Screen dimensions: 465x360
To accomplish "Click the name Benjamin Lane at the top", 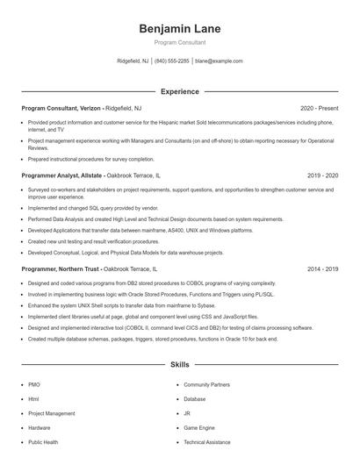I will (x=179, y=29).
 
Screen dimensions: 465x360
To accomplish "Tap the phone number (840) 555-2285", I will (x=171, y=61).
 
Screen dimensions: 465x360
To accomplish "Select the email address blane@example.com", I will (x=219, y=61).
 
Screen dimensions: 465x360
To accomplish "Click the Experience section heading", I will (x=179, y=91).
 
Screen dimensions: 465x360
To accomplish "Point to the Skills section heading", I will (x=179, y=364).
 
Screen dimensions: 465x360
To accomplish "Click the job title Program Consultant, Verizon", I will (x=61, y=107).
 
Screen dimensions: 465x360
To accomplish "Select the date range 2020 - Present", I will (x=319, y=107).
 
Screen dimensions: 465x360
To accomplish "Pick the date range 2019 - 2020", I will (x=322, y=175).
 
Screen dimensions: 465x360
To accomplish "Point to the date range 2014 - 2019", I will (x=322, y=269).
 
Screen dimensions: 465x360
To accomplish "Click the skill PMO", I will (x=33, y=384).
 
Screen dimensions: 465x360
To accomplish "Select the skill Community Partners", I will (x=206, y=384).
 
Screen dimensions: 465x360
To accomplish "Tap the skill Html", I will (x=33, y=398).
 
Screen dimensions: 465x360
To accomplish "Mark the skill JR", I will (x=187, y=413).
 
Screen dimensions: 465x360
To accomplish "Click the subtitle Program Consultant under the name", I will (x=179, y=42).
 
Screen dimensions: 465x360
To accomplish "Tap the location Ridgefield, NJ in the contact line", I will (x=132, y=61).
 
